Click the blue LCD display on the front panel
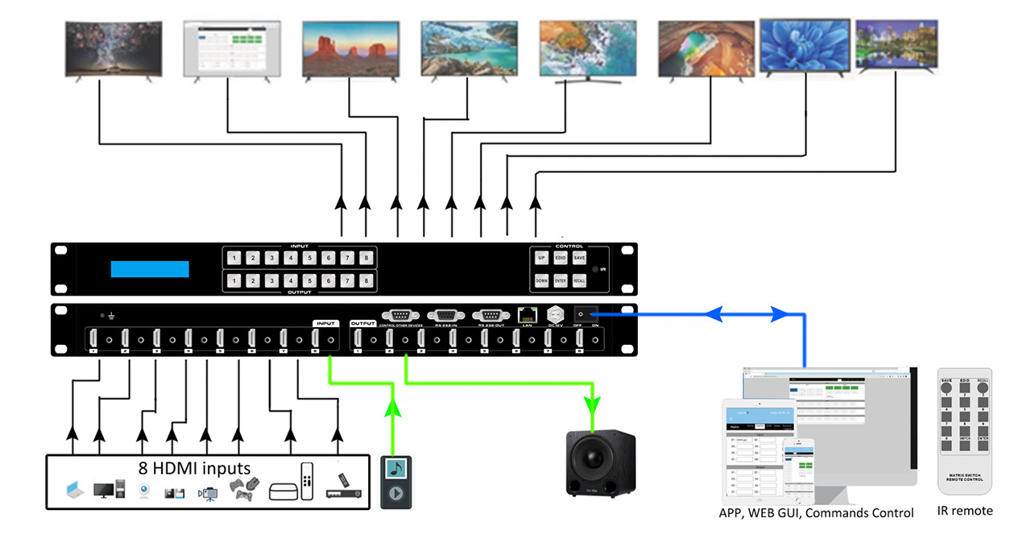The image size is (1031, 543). [x=150, y=269]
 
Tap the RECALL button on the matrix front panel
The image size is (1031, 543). [x=579, y=281]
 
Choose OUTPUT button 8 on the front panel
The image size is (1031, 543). [x=366, y=281]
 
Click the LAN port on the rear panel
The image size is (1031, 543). [x=528, y=314]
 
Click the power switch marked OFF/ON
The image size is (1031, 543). [x=586, y=314]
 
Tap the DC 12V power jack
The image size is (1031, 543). [x=556, y=314]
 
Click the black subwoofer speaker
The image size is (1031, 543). [x=601, y=463]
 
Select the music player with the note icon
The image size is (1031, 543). [x=395, y=481]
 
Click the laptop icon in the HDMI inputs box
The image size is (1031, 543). [x=73, y=488]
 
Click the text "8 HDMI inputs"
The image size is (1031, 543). [x=193, y=467]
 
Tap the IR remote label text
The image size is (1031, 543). [x=965, y=511]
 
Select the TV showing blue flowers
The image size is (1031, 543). [x=805, y=46]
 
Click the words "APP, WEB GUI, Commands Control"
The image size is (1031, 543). [x=816, y=513]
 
